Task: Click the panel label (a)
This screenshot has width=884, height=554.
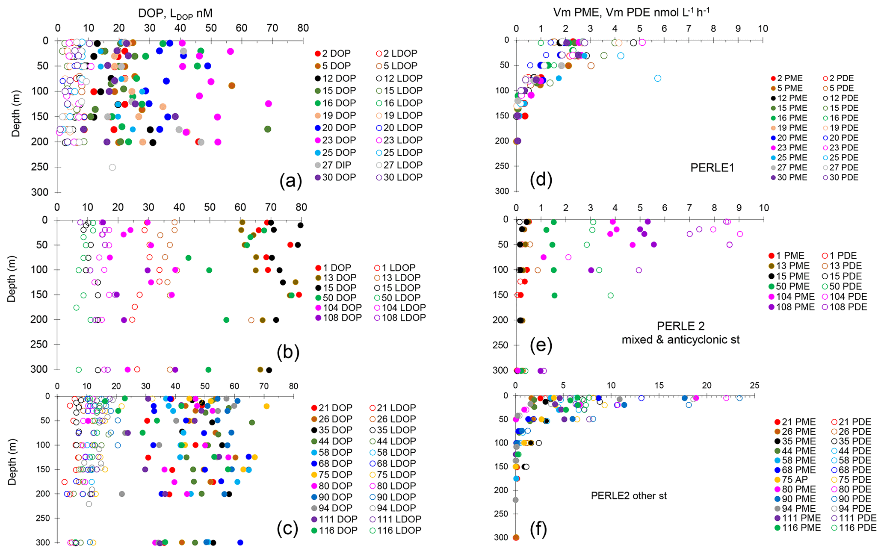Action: [290, 181]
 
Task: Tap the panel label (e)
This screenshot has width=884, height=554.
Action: [541, 345]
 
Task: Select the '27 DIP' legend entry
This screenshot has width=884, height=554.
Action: [335, 165]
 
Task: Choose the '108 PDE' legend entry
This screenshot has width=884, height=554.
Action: [844, 307]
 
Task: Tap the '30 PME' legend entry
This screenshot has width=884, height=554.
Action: [789, 177]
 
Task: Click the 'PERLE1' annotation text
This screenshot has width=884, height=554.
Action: [712, 168]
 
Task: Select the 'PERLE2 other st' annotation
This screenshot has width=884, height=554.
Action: [629, 496]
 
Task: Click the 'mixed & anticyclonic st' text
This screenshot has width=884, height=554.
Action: [680, 340]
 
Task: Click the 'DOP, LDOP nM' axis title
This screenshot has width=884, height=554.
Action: [175, 13]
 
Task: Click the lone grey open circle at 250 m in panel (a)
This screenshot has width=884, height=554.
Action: [112, 167]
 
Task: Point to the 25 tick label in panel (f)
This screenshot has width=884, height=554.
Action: [754, 385]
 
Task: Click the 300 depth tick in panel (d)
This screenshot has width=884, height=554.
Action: [502, 191]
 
